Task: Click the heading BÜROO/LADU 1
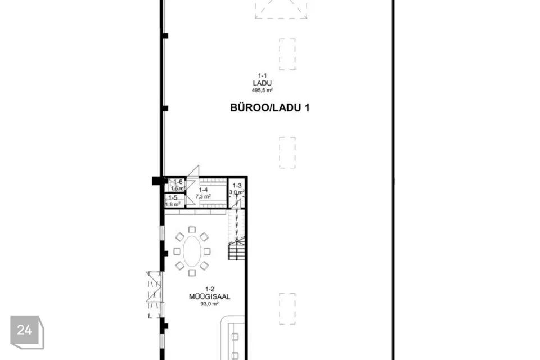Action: click(269, 108)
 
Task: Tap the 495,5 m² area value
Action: click(262, 90)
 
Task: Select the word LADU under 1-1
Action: click(262, 83)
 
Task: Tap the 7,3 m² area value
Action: click(203, 197)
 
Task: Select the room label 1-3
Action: click(237, 186)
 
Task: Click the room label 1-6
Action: click(178, 182)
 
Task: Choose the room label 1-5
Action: click(173, 197)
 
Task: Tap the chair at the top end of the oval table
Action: click(192, 229)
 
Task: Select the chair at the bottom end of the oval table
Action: click(192, 273)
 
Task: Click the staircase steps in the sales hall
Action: click(237, 247)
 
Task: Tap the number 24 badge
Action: click(25, 330)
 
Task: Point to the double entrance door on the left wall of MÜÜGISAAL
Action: click(154, 294)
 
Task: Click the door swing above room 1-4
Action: click(194, 172)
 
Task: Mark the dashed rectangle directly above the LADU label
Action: click(287, 54)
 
